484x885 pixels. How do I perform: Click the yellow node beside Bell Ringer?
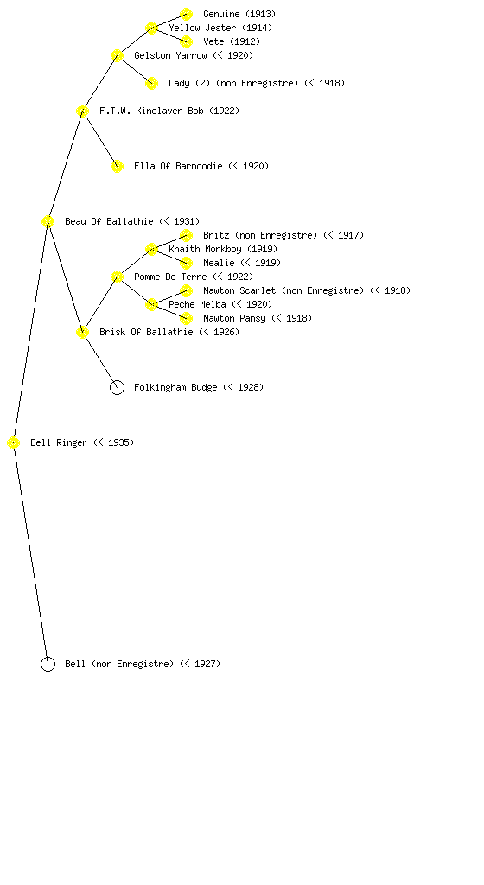point(14,443)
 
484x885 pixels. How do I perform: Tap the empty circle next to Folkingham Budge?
point(117,381)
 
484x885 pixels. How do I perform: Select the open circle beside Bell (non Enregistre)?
point(48,658)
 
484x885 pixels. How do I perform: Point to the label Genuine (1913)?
point(239,14)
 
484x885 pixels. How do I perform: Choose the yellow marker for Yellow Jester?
point(151,28)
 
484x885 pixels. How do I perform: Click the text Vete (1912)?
point(232,41)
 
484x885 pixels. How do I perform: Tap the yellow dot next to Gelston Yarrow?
point(117,55)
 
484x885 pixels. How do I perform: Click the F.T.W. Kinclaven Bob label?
point(169,111)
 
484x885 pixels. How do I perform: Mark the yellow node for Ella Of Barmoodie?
point(117,166)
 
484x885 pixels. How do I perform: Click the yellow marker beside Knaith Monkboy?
point(151,249)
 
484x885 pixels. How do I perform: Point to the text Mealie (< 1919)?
point(241,263)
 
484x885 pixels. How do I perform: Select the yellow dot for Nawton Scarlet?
point(186,290)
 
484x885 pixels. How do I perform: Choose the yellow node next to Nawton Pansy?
point(186,318)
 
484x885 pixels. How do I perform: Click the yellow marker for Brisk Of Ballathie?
point(82,332)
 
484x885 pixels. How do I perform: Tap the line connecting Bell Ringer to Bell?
point(30,554)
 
